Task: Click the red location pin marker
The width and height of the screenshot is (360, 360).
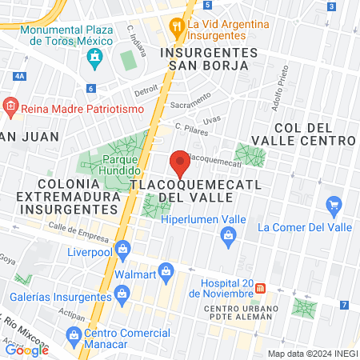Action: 180,163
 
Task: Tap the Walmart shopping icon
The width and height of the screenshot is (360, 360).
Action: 166,272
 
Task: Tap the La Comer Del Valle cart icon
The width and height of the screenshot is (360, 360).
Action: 334,207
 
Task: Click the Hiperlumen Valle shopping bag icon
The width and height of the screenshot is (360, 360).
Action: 229,235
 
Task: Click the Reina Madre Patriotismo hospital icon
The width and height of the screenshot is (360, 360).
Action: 10,105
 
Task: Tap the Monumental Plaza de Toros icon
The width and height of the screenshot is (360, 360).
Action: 94,57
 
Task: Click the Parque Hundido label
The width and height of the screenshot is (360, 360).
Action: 121,164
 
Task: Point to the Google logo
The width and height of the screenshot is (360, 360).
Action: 26,350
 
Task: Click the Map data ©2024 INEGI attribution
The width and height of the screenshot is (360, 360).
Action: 312,354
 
